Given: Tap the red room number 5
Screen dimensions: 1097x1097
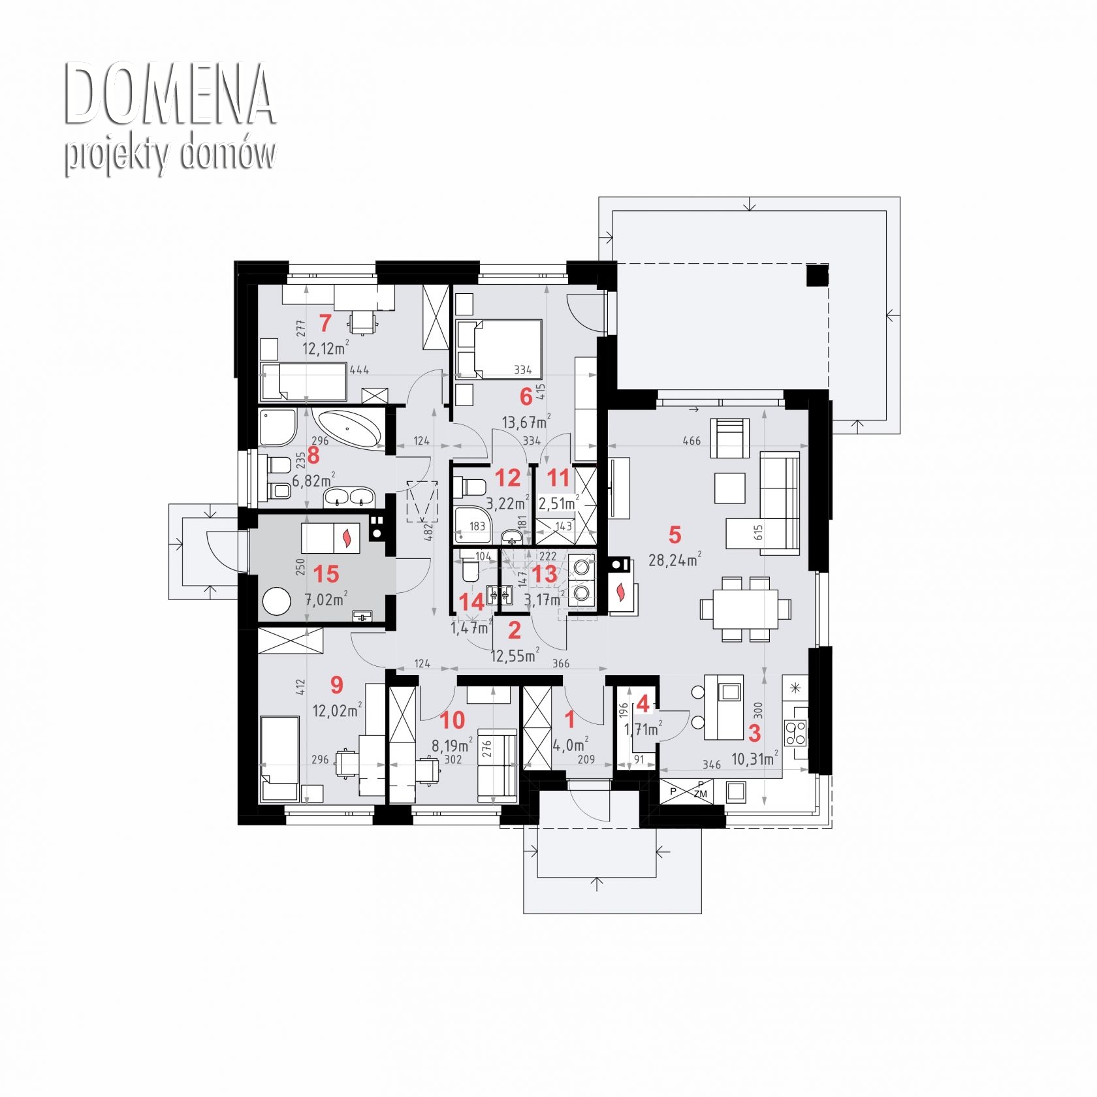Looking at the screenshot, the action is [675, 535].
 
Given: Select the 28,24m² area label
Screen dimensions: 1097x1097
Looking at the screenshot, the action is [675, 560].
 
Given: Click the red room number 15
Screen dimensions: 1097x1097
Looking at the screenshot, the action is [326, 574].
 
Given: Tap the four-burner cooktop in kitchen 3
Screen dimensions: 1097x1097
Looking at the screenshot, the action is [796, 733].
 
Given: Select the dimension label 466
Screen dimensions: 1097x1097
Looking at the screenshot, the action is [691, 441].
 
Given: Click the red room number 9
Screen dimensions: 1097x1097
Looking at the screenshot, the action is [336, 685].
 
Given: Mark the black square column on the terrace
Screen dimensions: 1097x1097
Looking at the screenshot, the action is [817, 276].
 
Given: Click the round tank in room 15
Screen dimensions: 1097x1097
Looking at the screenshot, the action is [277, 601].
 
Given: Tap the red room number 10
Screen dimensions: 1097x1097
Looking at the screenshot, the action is [453, 720].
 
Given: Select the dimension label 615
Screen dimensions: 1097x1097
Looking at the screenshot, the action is [758, 532].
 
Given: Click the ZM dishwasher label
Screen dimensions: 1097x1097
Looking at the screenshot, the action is [701, 794].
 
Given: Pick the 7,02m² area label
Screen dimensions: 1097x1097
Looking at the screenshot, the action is [326, 599].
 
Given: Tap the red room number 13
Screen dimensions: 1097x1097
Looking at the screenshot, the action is [545, 574].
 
